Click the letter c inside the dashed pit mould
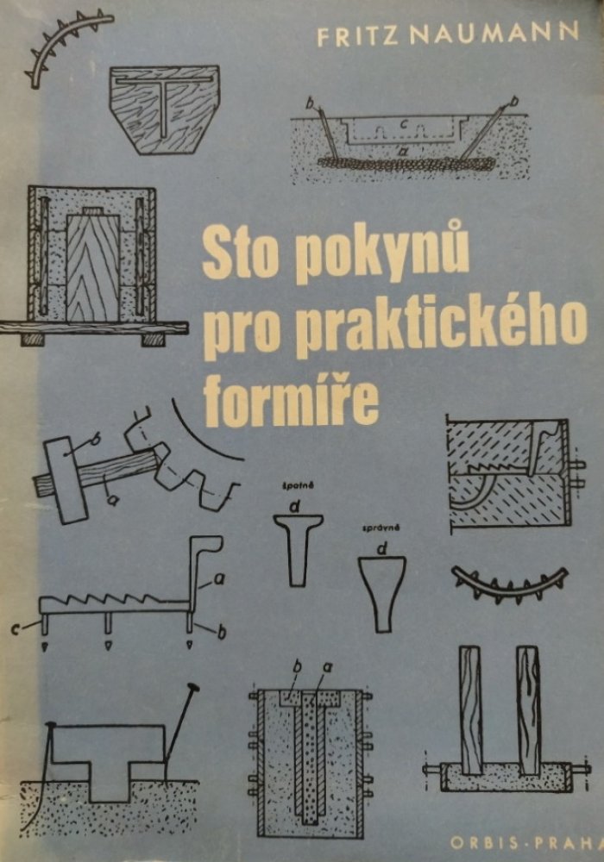coord(405,124)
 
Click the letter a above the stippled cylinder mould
coord(330,669)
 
